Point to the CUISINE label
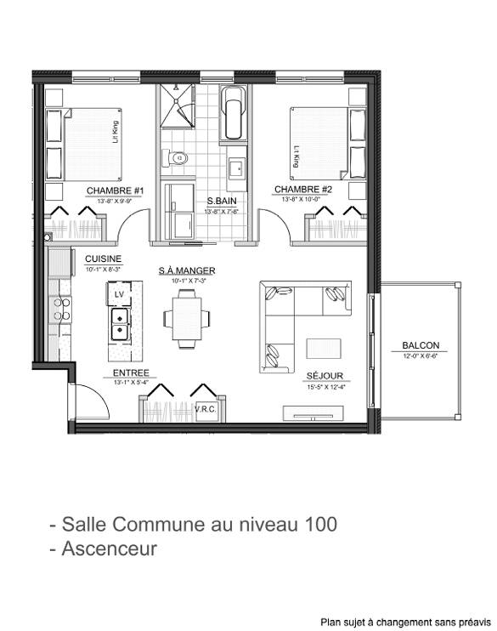point(103,259)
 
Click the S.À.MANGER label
point(187,271)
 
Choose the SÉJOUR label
point(324,375)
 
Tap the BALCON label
point(421,345)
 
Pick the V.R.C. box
point(206,409)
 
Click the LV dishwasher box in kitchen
point(119,294)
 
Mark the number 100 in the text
point(319,524)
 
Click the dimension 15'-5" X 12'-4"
point(324,387)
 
